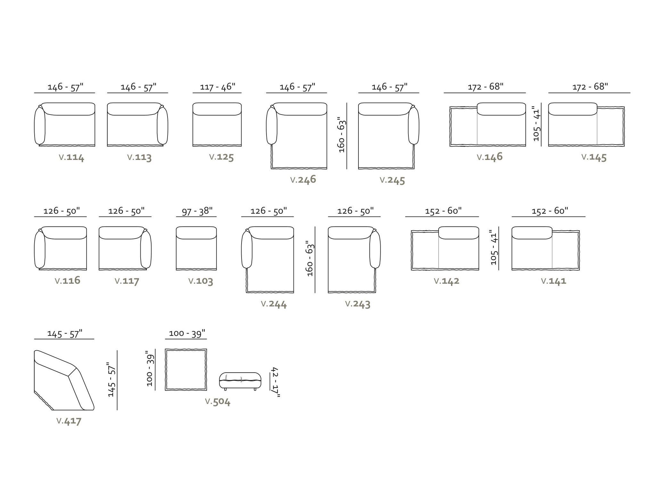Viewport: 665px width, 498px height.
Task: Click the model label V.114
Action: (71, 157)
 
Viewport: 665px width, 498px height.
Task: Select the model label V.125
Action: (221, 157)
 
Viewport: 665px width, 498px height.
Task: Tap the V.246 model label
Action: (303, 179)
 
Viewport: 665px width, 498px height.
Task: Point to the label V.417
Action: (69, 421)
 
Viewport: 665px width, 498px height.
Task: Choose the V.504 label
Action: (218, 402)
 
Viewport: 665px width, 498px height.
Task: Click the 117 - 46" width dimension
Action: (218, 87)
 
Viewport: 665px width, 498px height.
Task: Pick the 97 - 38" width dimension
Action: (197, 211)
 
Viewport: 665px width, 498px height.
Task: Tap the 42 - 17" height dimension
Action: (275, 382)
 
